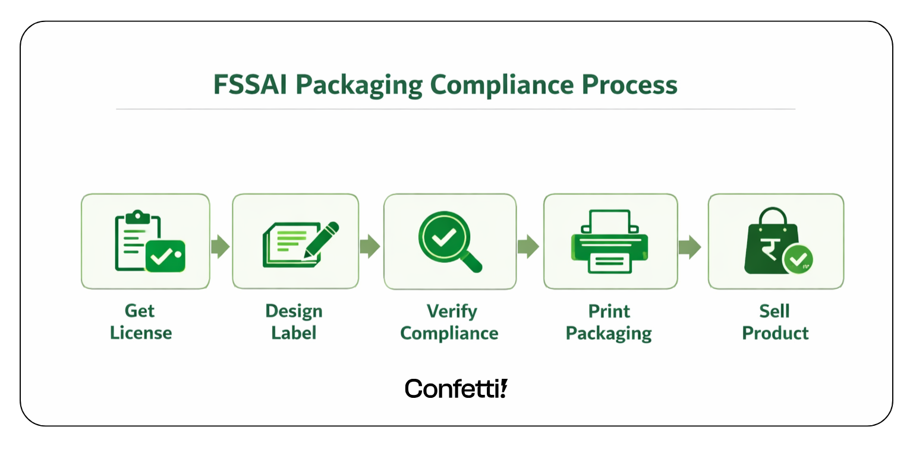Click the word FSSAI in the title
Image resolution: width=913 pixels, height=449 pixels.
click(250, 86)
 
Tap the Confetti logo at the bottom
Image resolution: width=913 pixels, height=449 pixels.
click(456, 388)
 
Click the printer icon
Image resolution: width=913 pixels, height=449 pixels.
click(610, 241)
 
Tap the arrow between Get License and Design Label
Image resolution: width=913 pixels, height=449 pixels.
click(221, 247)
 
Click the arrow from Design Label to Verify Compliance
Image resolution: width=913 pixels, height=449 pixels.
click(370, 247)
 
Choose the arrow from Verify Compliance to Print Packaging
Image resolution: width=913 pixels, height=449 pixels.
click(528, 247)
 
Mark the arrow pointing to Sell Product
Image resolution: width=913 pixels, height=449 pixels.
click(690, 247)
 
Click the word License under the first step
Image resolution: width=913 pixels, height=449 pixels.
click(141, 332)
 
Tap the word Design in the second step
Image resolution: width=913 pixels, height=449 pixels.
click(294, 311)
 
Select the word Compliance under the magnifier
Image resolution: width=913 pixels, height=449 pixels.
click(449, 333)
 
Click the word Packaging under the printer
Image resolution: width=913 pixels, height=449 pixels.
click(609, 333)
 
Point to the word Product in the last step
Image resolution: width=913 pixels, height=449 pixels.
click(776, 332)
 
